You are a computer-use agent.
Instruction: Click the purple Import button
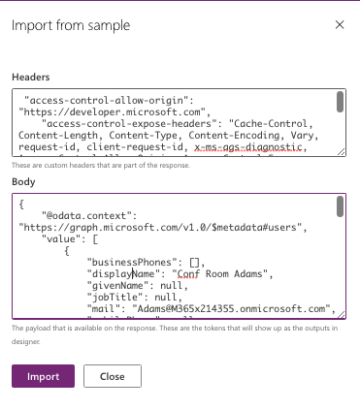click(42, 377)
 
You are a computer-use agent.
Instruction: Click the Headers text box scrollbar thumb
click(340, 102)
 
